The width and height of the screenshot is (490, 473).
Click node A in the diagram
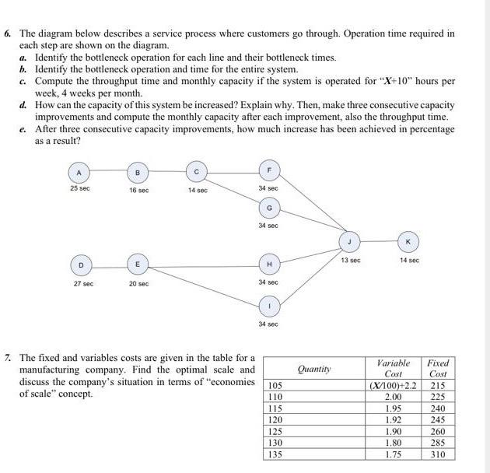(x=78, y=171)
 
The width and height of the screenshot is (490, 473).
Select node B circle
(x=138, y=171)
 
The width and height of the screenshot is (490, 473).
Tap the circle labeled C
(x=198, y=171)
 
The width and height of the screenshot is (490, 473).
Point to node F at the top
(x=269, y=169)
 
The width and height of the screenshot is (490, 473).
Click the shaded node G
(x=269, y=208)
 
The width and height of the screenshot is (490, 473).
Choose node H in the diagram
(x=268, y=265)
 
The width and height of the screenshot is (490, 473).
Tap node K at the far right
(x=408, y=242)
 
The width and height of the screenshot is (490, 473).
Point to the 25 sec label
(x=78, y=189)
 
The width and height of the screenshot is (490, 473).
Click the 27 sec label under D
(x=82, y=284)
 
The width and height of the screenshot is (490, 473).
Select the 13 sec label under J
(x=350, y=260)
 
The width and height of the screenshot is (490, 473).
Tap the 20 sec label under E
(x=139, y=284)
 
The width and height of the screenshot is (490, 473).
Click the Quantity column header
(x=314, y=368)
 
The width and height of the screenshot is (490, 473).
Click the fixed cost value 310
(x=439, y=454)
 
